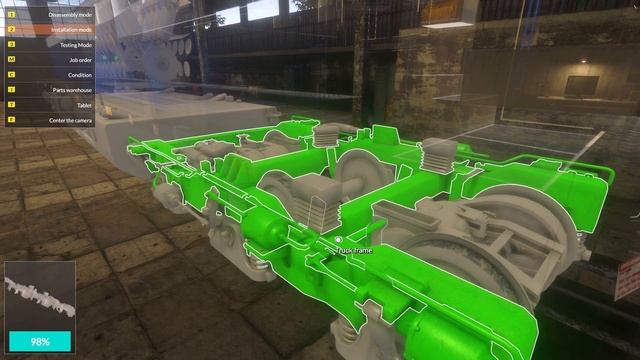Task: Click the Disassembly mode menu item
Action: click(71, 15)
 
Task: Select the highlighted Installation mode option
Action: click(71, 30)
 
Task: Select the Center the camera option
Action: click(71, 120)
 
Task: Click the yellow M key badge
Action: click(11, 60)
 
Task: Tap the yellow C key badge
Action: click(11, 75)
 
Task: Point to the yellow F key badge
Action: click(11, 120)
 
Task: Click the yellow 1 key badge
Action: click(11, 15)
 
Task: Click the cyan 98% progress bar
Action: click(40, 341)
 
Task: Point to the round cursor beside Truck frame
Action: click(338, 238)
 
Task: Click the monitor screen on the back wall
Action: click(581, 86)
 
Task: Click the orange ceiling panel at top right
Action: click(447, 11)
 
